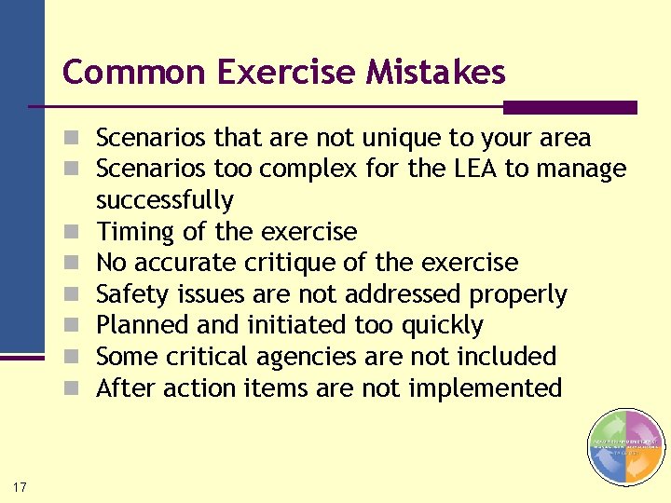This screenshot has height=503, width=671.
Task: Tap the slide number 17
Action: pyautogui.click(x=20, y=486)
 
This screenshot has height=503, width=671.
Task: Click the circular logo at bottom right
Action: pyautogui.click(x=626, y=447)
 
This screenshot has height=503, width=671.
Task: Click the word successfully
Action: pyautogui.click(x=164, y=200)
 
